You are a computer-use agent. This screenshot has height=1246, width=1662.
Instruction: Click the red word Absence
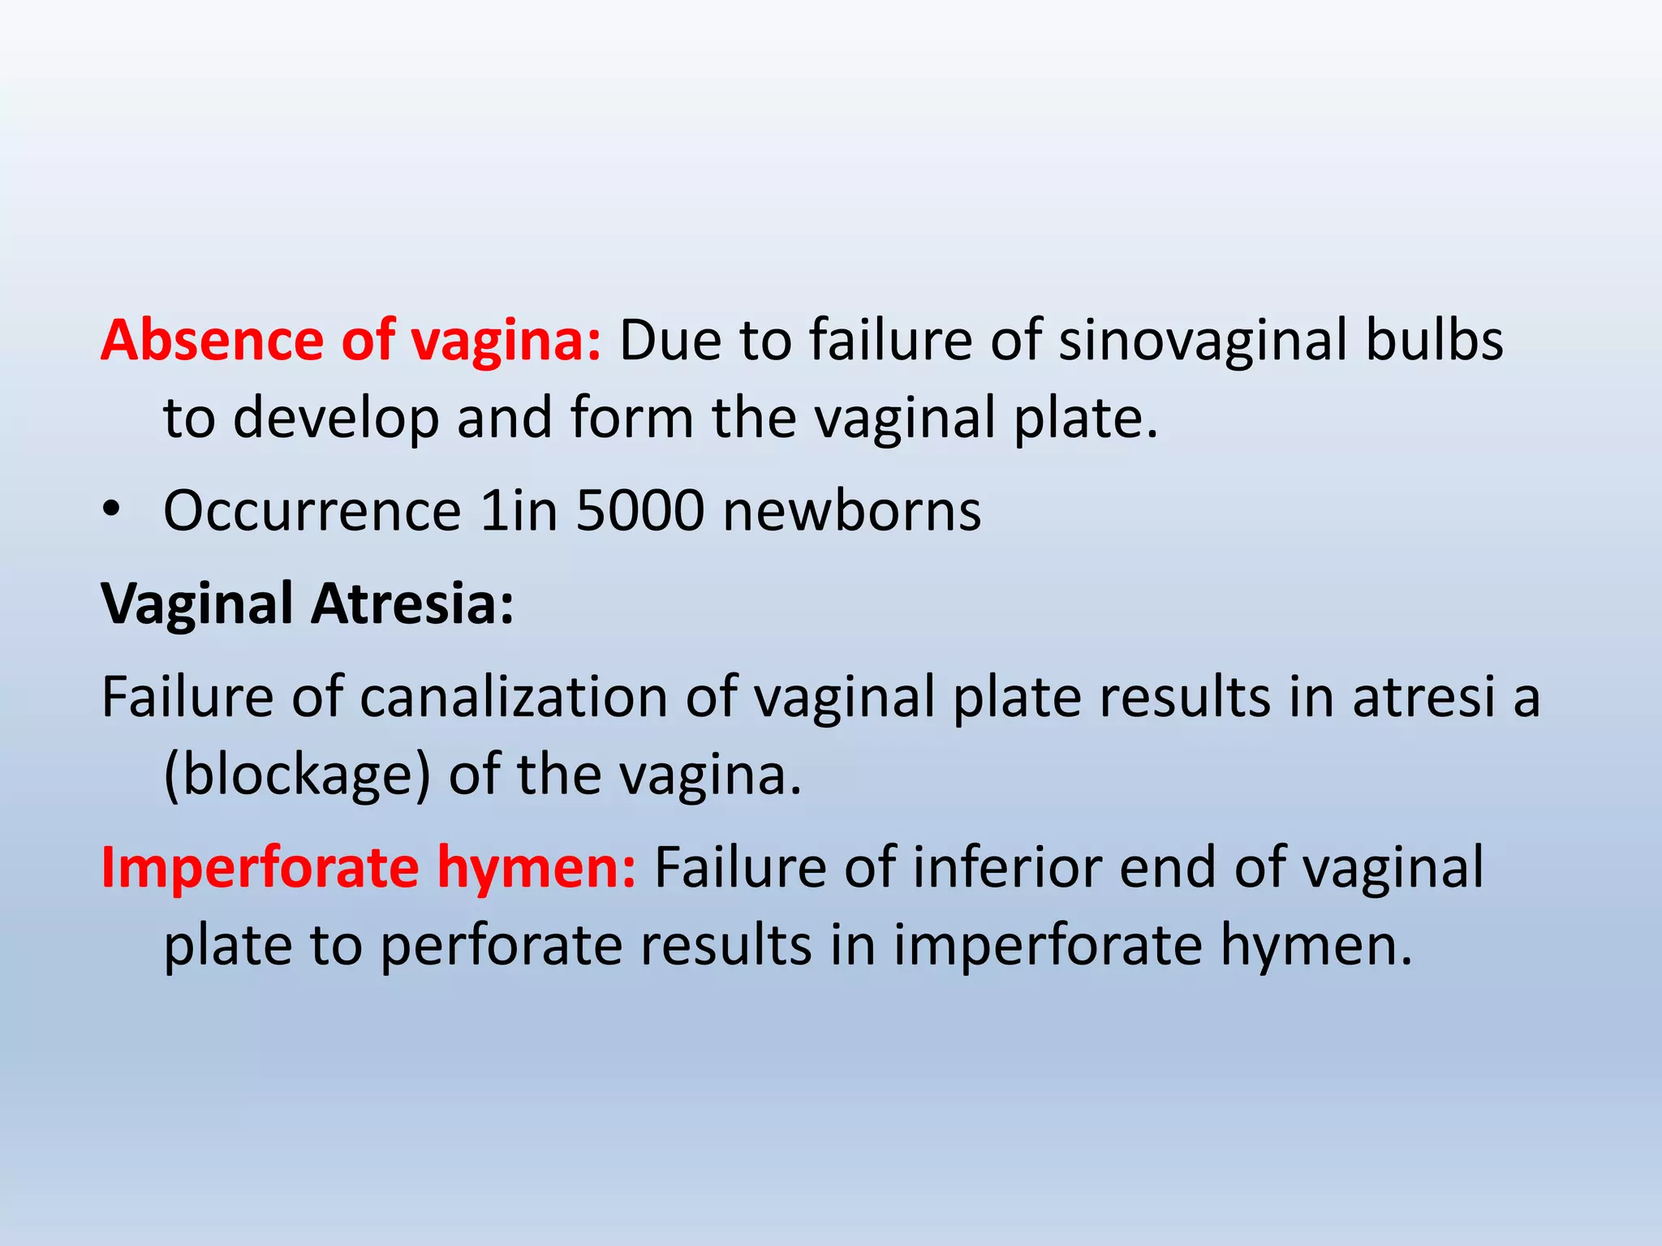coord(211,340)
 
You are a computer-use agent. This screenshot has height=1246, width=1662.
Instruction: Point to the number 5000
coord(640,511)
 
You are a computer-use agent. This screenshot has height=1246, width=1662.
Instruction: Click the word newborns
coord(852,511)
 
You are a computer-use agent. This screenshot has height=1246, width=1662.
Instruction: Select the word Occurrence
coord(312,511)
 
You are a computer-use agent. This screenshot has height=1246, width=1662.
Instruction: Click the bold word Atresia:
coord(413,604)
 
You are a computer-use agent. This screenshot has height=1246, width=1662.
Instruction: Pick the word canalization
coord(513,697)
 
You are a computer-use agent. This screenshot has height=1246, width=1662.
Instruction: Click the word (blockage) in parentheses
coord(296,775)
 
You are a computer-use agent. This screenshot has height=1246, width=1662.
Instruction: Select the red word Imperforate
coord(260,868)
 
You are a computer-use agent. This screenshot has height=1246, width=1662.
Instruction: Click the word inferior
coord(1006,868)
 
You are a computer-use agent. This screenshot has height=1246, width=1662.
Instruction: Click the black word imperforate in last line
coord(1048,946)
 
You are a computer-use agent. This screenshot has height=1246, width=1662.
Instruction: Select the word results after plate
coord(1185,697)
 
